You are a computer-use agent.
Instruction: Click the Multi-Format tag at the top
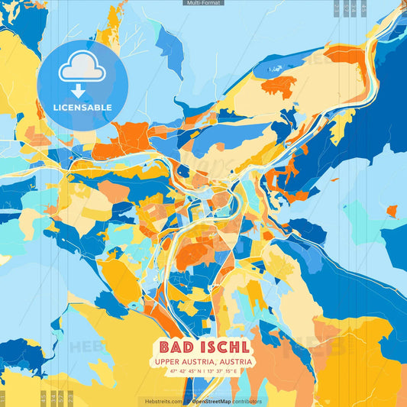pos(203,3)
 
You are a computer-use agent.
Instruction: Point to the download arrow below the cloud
pos(78,92)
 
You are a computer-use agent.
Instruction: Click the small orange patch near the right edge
pos(392,210)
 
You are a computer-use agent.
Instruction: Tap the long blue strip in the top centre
pos(170,42)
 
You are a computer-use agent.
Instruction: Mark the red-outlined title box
pos(203,356)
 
